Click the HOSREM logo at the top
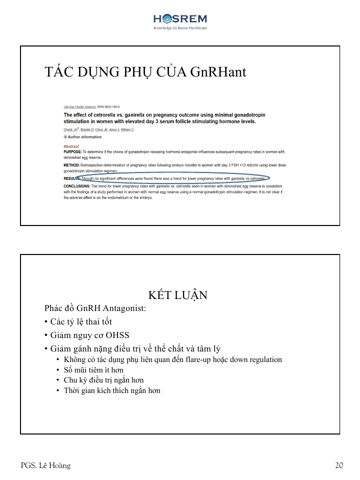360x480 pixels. pos(179,19)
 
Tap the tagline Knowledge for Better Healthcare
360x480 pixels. pos(180,28)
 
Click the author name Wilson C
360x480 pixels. pos(127,129)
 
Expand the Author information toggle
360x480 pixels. pos(82,137)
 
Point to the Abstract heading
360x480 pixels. pos(71,146)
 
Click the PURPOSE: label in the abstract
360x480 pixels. pos(72,151)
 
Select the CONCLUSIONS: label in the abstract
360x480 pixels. pos(76,186)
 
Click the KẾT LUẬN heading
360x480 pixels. pos(178,295)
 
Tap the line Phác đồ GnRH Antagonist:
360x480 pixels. pos(95,308)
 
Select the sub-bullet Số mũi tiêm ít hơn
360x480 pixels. pos(93,370)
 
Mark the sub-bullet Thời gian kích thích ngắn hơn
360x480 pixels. pos(111,390)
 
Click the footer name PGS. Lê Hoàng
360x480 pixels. pos(45,466)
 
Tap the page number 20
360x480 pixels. pos(339,466)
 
